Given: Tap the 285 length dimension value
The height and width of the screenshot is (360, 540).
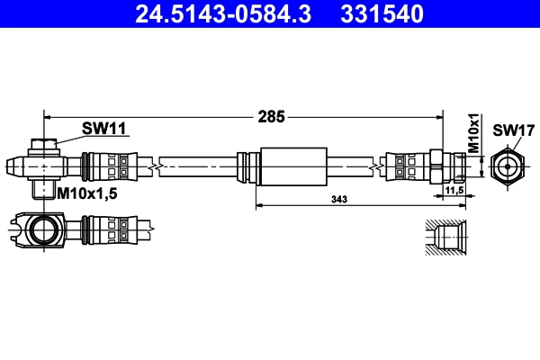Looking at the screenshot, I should tap(272, 115).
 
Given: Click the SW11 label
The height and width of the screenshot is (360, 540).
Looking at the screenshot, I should tap(103, 129).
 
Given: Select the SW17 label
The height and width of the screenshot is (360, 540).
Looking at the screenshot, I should tap(509, 130).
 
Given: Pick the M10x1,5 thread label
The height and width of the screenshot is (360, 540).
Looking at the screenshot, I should tap(88, 193).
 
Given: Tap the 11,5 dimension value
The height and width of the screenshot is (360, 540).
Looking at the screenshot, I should tap(454, 192).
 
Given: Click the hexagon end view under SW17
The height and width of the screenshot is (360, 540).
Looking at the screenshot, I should tap(508, 166).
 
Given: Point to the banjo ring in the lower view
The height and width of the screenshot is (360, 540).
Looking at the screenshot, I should tap(42, 229).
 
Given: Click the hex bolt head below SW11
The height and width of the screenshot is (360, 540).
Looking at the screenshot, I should tap(42, 144).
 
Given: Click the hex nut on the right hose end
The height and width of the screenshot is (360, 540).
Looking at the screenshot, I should tap(436, 166).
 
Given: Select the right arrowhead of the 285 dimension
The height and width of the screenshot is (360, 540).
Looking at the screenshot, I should tap(439, 115).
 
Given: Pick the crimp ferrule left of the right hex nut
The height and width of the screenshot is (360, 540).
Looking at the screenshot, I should tap(404, 166).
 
